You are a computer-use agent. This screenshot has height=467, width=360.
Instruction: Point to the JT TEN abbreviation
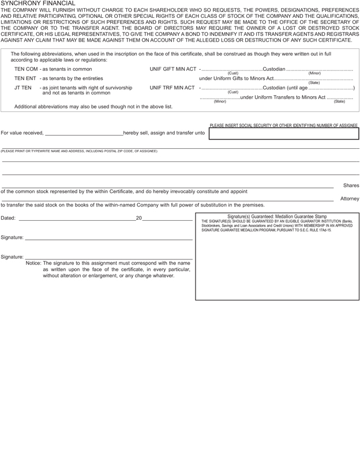click(x=23, y=88)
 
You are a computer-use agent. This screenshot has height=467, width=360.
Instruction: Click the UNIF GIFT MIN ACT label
click(x=172, y=69)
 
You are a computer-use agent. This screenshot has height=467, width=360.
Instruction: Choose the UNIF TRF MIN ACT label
click(x=172, y=88)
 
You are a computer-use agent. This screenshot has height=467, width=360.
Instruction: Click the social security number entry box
click(x=283, y=134)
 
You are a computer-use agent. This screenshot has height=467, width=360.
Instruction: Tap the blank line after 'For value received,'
click(x=84, y=133)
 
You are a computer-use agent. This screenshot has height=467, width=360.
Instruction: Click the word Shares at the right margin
click(x=351, y=186)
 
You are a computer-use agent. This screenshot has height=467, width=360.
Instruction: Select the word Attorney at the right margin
click(x=350, y=198)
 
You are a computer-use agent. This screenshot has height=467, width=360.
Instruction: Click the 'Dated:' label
click(x=9, y=218)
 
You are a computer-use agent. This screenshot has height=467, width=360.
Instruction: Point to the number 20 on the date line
click(x=138, y=218)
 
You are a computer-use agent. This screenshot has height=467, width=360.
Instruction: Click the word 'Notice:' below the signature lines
click(x=34, y=263)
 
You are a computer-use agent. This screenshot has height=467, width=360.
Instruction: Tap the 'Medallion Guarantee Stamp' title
click(x=277, y=217)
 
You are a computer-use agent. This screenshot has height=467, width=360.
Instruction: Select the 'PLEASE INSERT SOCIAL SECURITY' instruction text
click(x=283, y=125)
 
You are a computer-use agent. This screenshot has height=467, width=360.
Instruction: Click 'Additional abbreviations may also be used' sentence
click(x=93, y=107)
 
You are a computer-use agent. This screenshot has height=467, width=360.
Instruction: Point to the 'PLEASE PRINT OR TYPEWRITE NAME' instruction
click(x=79, y=151)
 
